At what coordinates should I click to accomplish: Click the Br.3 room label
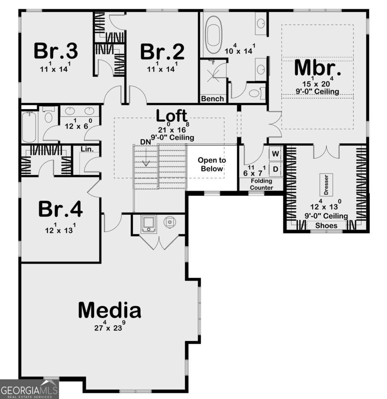56,51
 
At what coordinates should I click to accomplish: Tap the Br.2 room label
162,52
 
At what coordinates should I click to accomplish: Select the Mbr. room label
317,68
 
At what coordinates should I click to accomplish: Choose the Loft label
172,116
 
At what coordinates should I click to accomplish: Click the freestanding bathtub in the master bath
214,34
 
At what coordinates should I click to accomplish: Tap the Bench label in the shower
213,99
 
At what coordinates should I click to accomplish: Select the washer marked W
275,153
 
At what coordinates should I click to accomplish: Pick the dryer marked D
275,169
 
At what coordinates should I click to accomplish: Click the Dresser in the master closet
326,185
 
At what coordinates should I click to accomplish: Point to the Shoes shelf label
326,226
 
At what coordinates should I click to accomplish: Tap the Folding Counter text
262,184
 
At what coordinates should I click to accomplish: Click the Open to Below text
212,164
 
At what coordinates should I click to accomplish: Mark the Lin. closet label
87,149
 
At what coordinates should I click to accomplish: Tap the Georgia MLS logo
29,389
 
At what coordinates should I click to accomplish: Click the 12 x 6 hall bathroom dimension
79,124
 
